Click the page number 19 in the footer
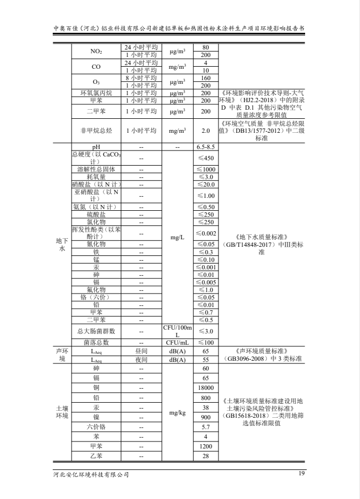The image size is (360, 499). tap(301, 473)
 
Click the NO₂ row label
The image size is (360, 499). tap(96, 51)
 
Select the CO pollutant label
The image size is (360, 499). tap(96, 67)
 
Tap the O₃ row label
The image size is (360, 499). tap(96, 82)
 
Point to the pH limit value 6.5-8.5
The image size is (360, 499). tap(205, 147)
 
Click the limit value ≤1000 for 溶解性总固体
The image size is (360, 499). tap(205, 169)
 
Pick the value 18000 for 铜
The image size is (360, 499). tap(205, 388)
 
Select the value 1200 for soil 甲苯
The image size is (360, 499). tap(205, 446)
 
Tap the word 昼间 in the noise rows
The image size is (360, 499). tap(141, 351)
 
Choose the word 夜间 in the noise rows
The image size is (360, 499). tap(141, 360)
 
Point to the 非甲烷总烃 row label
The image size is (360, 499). tap(96, 130)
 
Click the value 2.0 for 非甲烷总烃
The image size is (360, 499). tap(205, 130)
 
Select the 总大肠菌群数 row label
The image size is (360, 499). tap(96, 331)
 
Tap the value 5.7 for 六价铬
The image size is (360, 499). tap(205, 427)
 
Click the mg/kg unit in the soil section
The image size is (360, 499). tap(178, 412)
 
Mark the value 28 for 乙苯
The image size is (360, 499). tap(205, 456)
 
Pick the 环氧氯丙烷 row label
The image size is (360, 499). tap(96, 93)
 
